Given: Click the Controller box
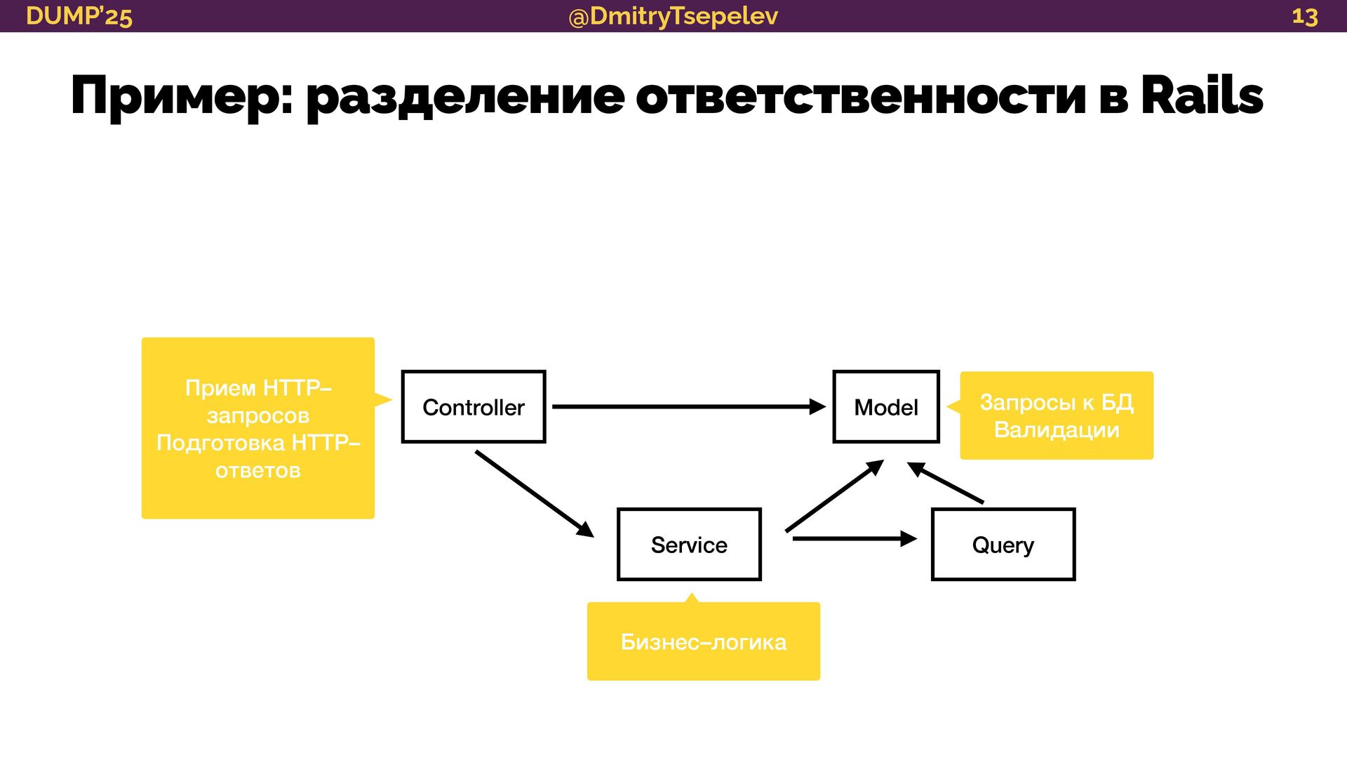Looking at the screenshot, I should click(x=474, y=407).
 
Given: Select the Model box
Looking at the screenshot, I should click(x=885, y=407).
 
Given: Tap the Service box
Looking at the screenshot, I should click(x=689, y=545).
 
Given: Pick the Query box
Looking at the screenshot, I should click(x=1003, y=545).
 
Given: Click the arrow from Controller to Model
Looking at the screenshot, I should click(x=688, y=406).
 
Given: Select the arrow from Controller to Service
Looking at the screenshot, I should click(x=533, y=493).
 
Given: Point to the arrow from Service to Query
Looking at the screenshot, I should click(x=852, y=539).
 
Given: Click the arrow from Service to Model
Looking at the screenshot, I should click(x=833, y=496).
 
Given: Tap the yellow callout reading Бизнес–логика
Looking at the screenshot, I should click(x=703, y=641).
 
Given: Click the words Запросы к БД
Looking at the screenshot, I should click(x=1056, y=402).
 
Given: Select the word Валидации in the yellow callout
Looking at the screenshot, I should click(x=1056, y=430).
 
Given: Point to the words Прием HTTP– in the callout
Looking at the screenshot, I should click(x=258, y=387).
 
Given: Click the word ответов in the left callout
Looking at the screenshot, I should click(x=258, y=470).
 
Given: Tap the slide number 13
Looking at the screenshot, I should click(x=1304, y=16).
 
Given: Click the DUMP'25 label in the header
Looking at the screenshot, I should click(x=79, y=16).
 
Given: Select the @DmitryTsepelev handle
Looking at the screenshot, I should click(x=673, y=16).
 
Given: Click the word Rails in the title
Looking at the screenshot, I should click(x=1201, y=95).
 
